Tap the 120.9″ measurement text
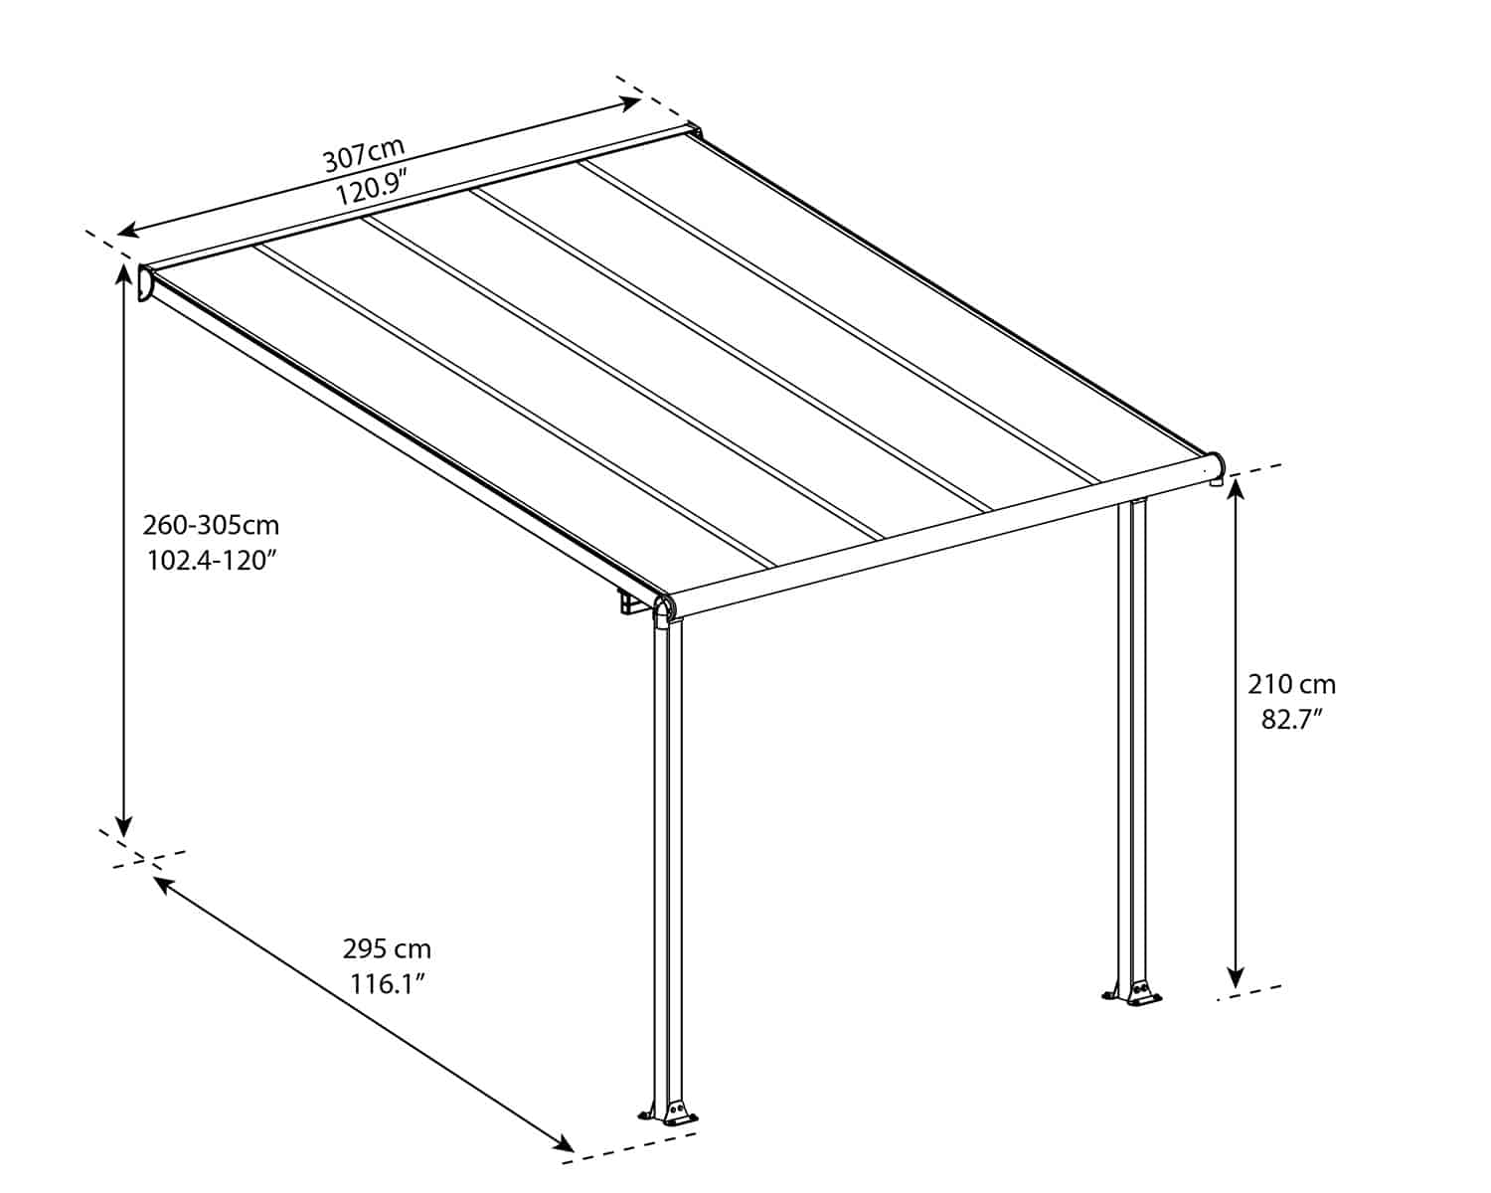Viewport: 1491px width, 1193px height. tap(373, 188)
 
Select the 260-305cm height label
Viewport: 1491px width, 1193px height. tap(211, 524)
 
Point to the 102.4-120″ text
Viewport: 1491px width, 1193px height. tap(211, 560)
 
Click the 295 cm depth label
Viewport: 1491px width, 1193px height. tap(387, 948)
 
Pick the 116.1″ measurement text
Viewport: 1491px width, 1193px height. tap(387, 984)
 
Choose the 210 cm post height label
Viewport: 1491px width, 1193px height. tap(1291, 684)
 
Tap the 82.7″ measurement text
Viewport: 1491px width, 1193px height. tap(1291, 719)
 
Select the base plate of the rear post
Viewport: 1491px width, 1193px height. tap(1132, 993)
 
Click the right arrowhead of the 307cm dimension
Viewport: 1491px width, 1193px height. tap(630, 101)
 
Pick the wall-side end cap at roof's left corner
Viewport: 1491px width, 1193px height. tap(145, 283)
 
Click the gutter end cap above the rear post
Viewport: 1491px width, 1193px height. tap(1215, 466)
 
